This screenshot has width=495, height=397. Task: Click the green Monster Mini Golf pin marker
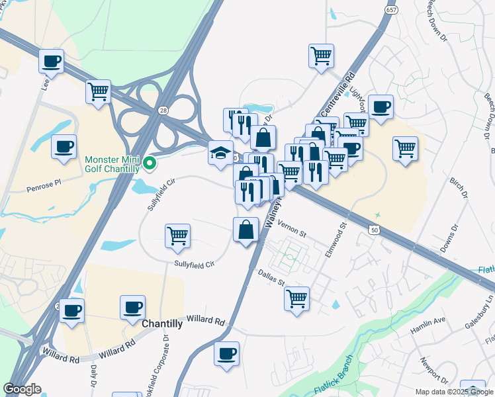point(150,162)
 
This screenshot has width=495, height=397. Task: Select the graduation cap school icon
point(220,153)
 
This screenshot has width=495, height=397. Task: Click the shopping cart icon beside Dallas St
point(297,297)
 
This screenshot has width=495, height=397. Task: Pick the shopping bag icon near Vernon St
point(246,230)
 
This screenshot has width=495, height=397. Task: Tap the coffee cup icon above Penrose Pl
point(64,146)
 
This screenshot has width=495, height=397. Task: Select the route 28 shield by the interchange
point(163,112)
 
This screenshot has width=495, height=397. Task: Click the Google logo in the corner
point(22,389)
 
